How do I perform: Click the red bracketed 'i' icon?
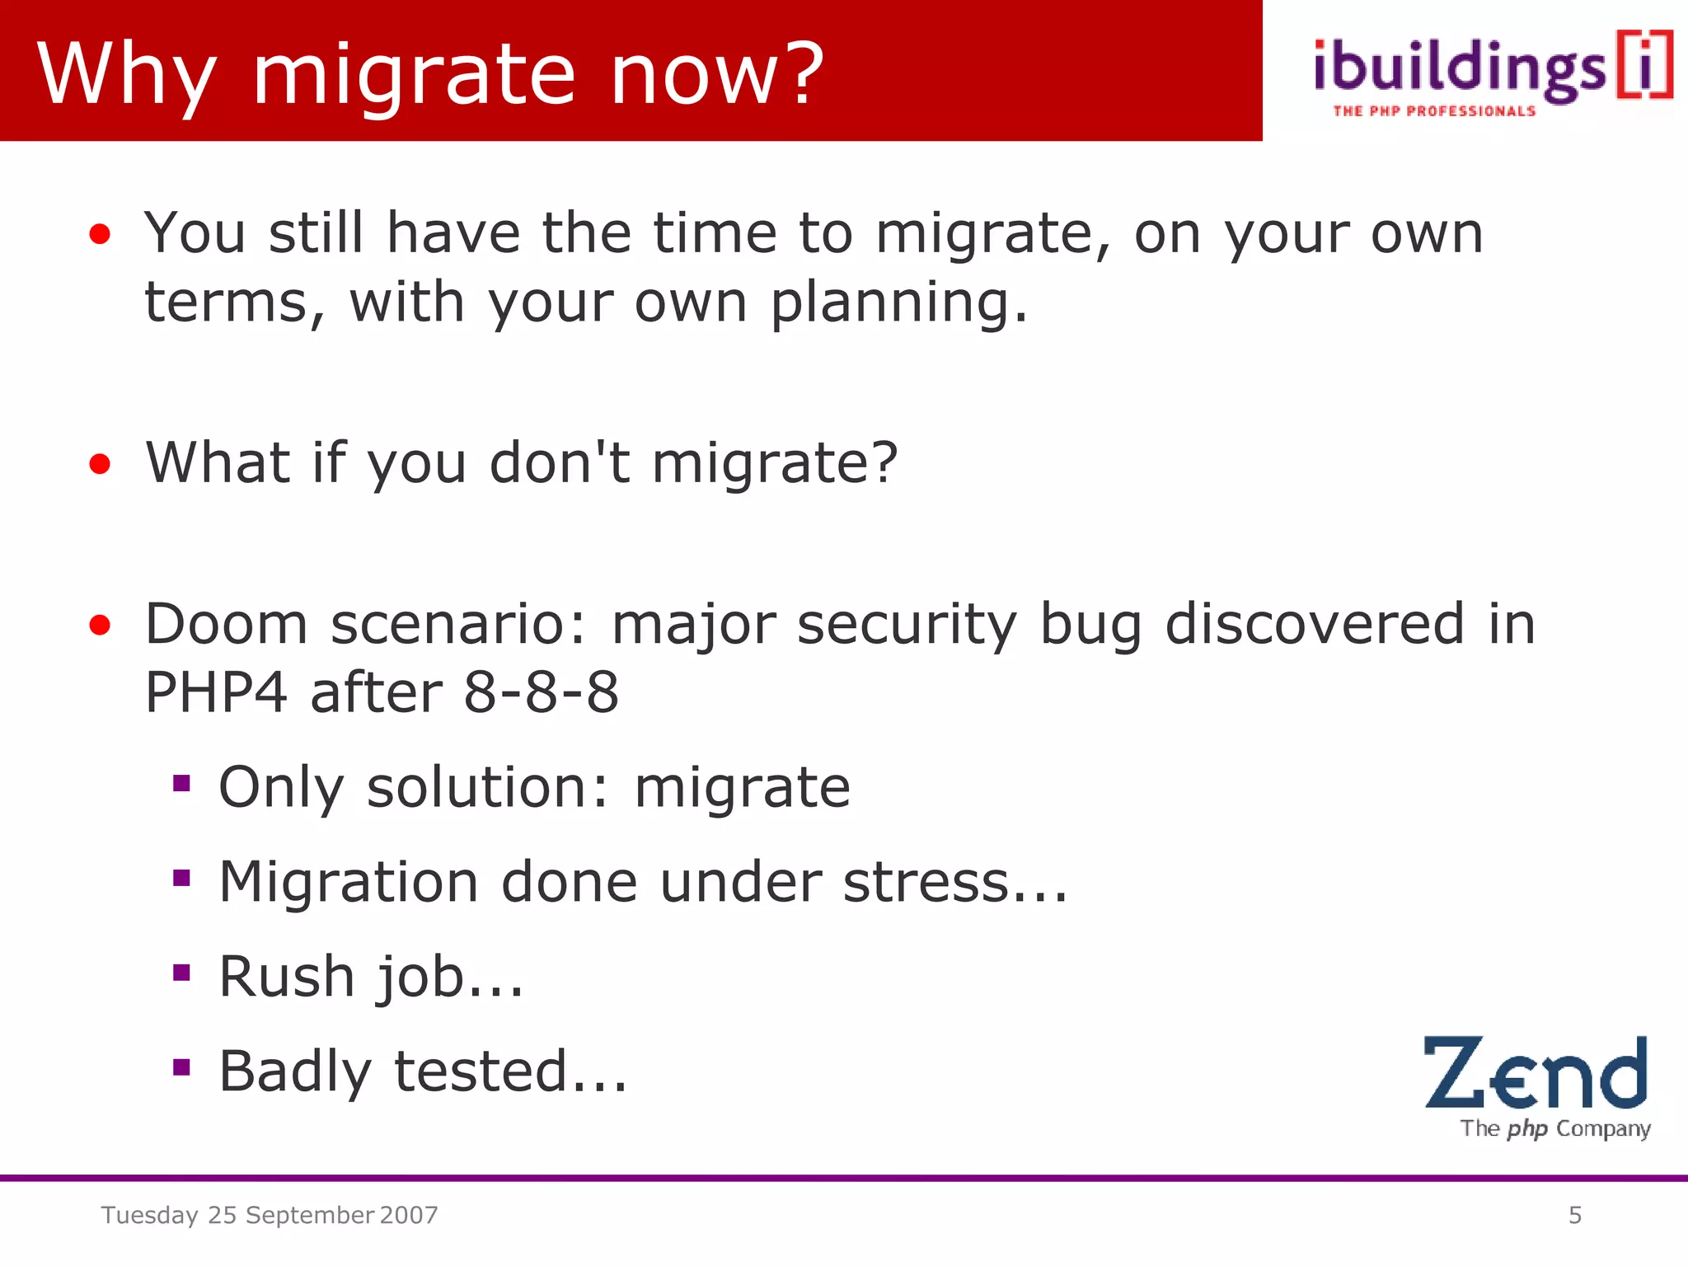(x=1645, y=66)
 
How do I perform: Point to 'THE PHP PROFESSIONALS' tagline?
(x=1434, y=111)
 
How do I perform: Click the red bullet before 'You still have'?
(x=100, y=235)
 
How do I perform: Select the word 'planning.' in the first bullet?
(x=899, y=302)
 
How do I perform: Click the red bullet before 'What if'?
(x=100, y=464)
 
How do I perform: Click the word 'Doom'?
(x=226, y=623)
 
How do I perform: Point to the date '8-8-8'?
(x=541, y=692)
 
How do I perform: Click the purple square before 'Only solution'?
(x=181, y=783)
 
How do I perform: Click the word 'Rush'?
(x=287, y=977)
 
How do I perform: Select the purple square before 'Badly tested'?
(x=181, y=1068)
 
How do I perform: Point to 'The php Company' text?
(x=1554, y=1128)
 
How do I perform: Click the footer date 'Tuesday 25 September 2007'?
(x=270, y=1215)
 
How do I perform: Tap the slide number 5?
(x=1574, y=1215)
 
